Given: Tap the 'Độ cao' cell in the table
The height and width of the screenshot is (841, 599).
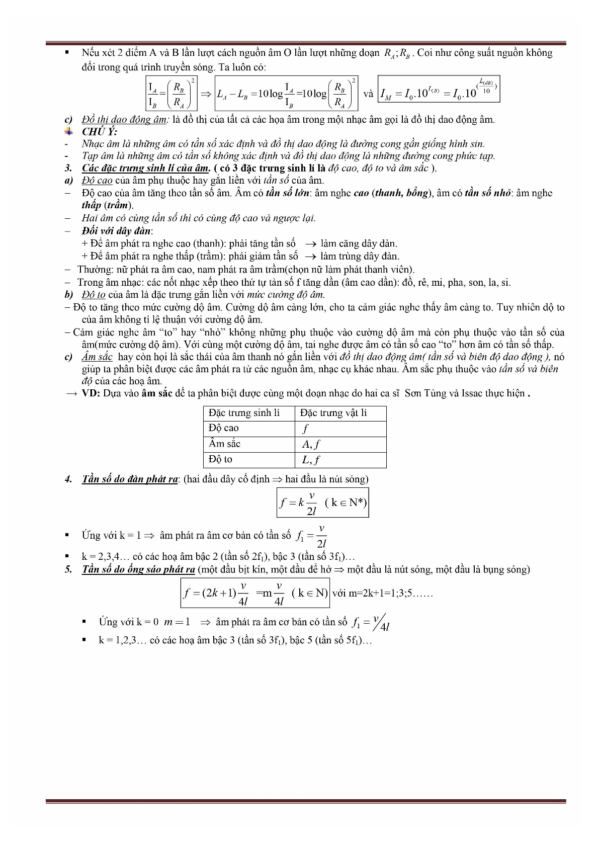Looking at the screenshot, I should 224,428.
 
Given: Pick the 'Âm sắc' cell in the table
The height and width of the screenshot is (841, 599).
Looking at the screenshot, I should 225,444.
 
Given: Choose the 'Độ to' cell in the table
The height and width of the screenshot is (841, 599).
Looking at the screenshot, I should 221,459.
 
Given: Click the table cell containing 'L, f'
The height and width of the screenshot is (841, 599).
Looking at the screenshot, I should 311,460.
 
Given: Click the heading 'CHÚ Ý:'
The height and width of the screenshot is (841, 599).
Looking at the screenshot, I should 100,132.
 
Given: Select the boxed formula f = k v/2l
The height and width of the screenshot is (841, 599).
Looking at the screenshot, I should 322,502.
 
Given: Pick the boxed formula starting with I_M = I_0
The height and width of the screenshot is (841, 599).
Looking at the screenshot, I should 439,90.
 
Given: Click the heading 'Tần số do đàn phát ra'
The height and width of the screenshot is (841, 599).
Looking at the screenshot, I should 130,479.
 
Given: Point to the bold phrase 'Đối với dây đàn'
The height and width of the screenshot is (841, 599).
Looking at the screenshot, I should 117,231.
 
